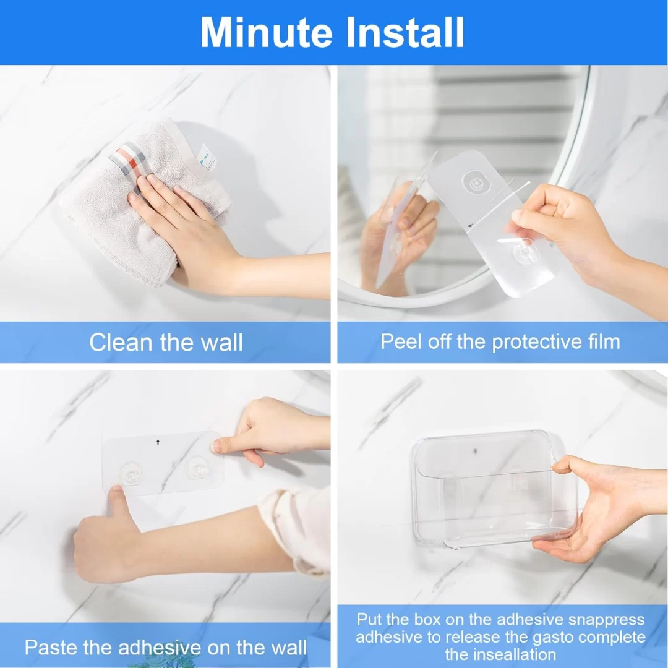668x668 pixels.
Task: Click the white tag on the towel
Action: click(x=206, y=158)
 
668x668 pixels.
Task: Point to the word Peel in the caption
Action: click(x=400, y=341)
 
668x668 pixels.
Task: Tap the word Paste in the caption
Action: click(x=51, y=648)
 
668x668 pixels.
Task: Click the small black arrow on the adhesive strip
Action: click(x=158, y=442)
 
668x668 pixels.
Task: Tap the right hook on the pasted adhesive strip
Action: click(x=197, y=469)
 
